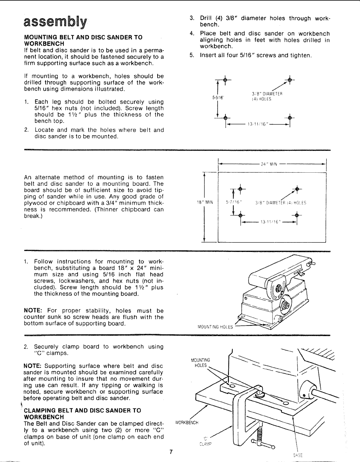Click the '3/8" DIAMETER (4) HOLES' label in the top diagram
267,97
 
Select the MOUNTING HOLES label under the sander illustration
215,327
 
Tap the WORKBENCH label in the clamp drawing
187,422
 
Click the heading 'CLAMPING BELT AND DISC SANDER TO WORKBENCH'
82,414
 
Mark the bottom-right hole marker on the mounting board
297,216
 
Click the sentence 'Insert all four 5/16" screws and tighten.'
255,55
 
